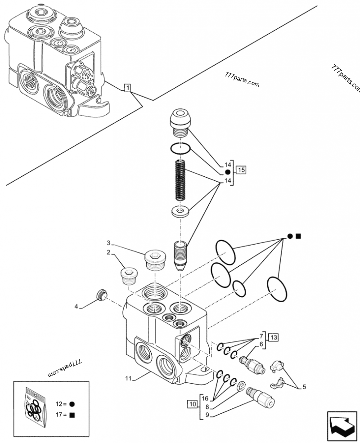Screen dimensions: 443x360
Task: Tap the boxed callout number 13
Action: [x=274, y=337]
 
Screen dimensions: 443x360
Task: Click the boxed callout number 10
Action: [x=192, y=404]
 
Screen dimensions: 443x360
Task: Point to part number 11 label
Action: [x=128, y=379]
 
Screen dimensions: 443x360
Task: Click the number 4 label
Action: [x=76, y=307]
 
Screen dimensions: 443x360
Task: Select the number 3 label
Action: [x=108, y=243]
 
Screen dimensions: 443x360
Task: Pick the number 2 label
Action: [x=108, y=253]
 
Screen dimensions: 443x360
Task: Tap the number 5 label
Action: [x=304, y=386]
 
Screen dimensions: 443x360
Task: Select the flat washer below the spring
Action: [x=181, y=211]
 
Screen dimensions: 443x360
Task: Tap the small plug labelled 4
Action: [x=102, y=295]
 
